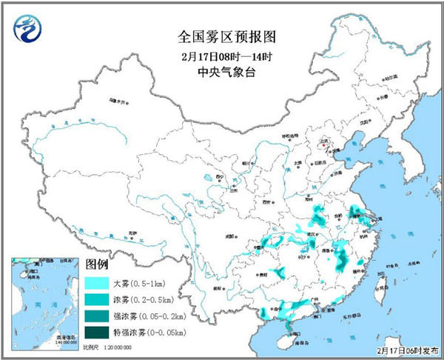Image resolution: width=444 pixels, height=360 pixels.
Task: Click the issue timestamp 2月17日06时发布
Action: tap(408, 349)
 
